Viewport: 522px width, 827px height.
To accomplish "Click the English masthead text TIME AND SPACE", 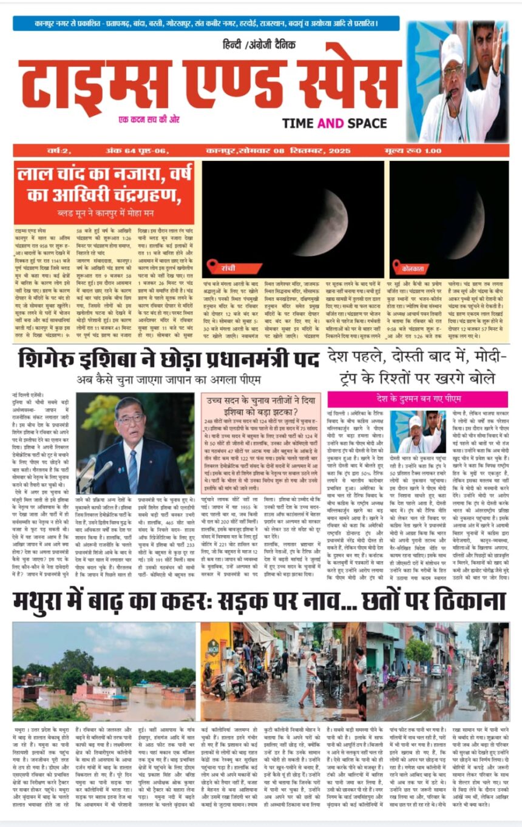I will coord(341,123).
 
